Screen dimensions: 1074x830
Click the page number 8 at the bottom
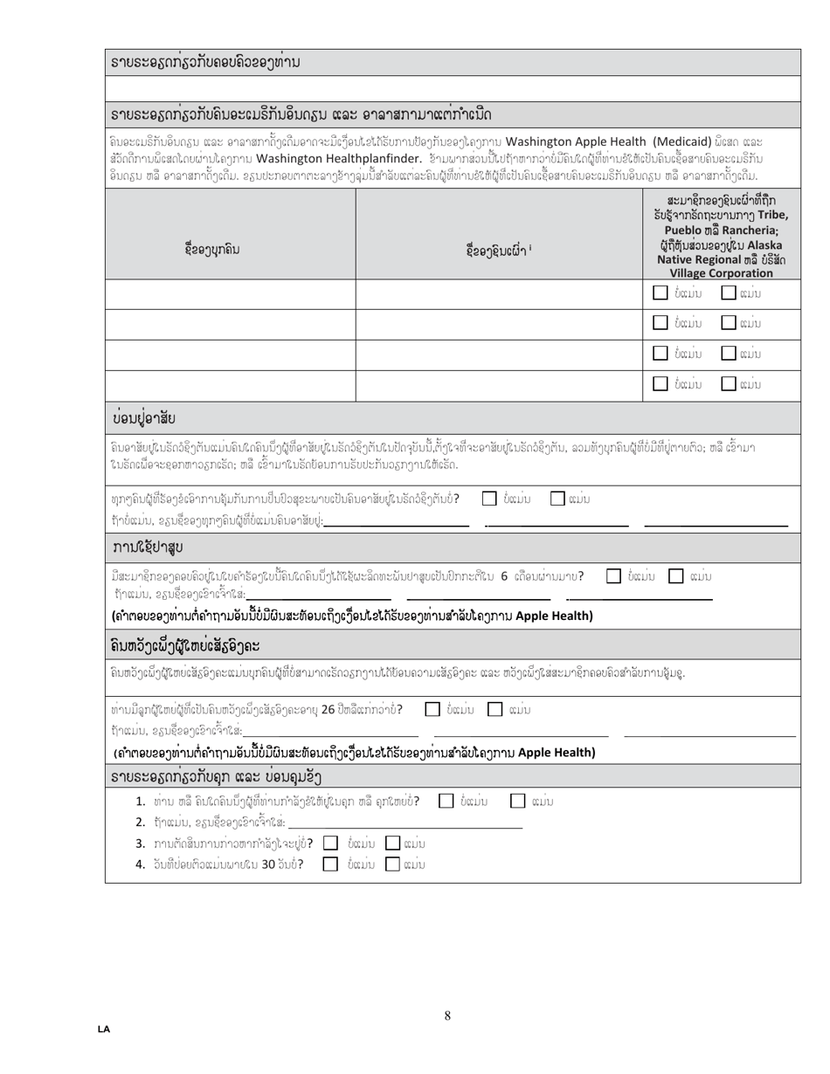click(447, 1015)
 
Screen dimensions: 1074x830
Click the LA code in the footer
click(104, 1029)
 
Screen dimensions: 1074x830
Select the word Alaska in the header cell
click(764, 244)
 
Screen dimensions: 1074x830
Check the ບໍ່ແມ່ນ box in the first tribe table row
click(661, 293)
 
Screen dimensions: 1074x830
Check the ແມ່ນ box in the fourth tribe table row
click(728, 382)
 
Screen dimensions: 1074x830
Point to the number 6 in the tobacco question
click(504, 576)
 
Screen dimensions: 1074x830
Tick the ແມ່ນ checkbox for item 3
click(393, 843)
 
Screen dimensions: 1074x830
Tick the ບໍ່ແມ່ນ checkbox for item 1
click(446, 801)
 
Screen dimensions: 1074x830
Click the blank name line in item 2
click(405, 823)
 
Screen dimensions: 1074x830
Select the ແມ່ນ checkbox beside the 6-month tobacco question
click(675, 576)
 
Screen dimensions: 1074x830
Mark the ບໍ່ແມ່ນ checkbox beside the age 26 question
click(432, 709)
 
